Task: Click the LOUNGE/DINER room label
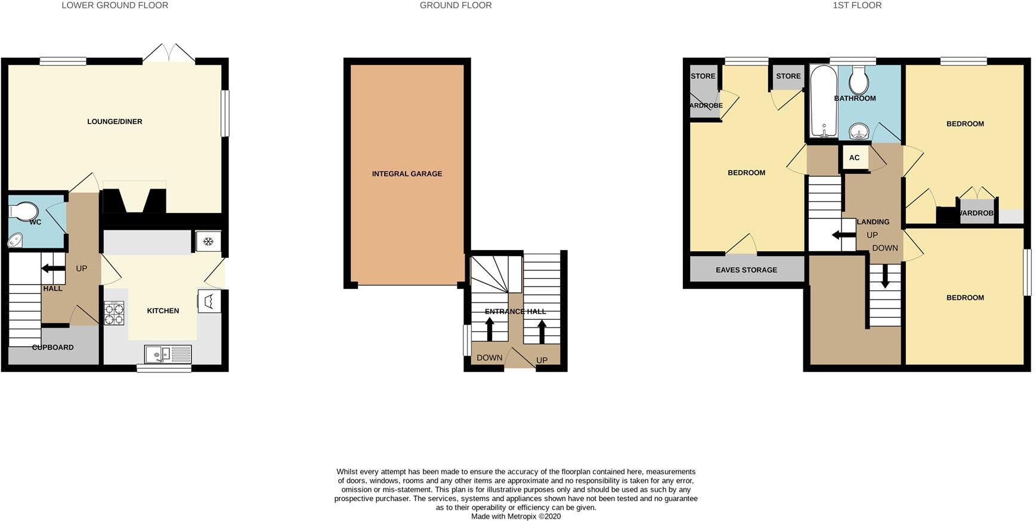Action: click(115, 122)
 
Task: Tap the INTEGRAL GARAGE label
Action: click(407, 174)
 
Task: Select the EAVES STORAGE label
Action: click(746, 270)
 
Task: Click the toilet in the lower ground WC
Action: click(24, 211)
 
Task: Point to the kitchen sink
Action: click(168, 354)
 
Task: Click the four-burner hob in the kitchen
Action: click(114, 313)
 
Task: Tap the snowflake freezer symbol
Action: click(208, 242)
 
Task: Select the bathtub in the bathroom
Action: click(823, 101)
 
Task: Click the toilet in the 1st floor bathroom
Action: click(858, 79)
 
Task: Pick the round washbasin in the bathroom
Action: click(858, 130)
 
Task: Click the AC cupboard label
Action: click(854, 158)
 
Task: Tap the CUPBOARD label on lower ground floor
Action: click(53, 347)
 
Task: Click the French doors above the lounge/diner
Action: click(169, 53)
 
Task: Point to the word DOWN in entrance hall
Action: click(489, 358)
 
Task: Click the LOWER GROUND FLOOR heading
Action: click(115, 5)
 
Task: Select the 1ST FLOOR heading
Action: click(857, 5)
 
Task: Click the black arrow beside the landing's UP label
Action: click(843, 235)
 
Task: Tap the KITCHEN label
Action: click(163, 311)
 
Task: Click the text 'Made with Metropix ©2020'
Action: click(516, 516)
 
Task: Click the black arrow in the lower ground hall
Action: click(53, 269)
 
